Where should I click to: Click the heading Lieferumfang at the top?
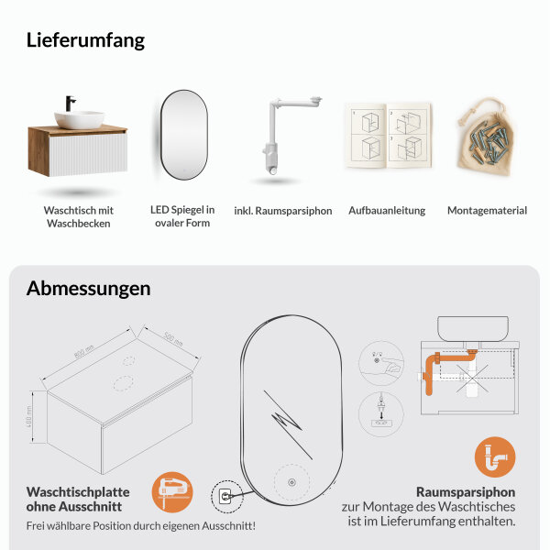pyautogui.click(x=85, y=40)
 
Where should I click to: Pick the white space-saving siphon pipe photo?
pyautogui.click(x=283, y=135)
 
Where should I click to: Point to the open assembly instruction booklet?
pyautogui.click(x=386, y=137)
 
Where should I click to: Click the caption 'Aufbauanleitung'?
pyautogui.click(x=387, y=211)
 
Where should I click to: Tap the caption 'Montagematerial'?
pyautogui.click(x=487, y=211)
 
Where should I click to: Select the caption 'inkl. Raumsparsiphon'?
pyautogui.click(x=283, y=211)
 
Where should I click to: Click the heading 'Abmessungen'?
pyautogui.click(x=88, y=289)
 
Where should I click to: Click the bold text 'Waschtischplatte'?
pyautogui.click(x=78, y=491)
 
